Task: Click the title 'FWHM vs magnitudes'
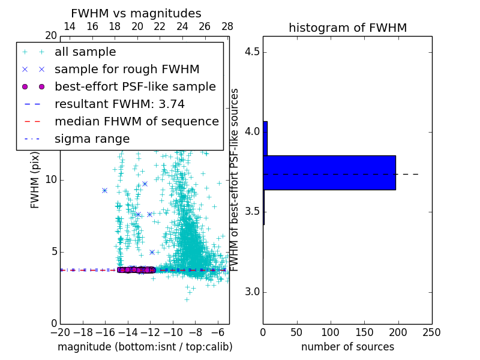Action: click(x=136, y=14)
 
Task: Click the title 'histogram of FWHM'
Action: click(x=347, y=28)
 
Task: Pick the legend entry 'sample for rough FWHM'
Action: click(x=127, y=70)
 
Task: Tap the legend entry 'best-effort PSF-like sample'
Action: click(x=135, y=87)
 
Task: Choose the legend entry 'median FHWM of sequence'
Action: click(x=136, y=122)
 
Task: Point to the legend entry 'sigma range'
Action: click(x=92, y=139)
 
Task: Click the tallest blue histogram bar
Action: click(x=329, y=173)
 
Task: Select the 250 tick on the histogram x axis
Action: click(x=431, y=332)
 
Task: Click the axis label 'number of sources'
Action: click(x=347, y=347)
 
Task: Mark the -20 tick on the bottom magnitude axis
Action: click(x=60, y=332)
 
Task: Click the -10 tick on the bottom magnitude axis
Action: click(x=173, y=332)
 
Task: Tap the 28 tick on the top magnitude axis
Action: click(x=227, y=27)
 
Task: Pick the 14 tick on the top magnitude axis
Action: click(x=70, y=27)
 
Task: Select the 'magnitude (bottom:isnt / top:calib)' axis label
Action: click(x=145, y=347)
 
